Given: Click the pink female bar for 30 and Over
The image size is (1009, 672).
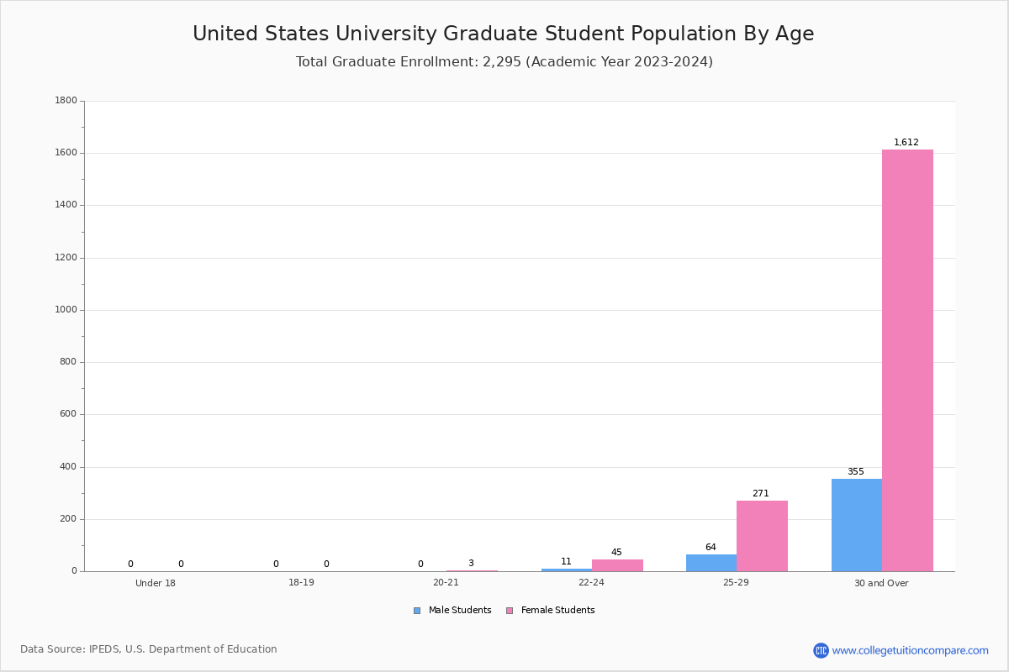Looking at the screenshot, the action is [907, 360].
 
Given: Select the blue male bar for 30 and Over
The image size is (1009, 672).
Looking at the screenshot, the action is [857, 525].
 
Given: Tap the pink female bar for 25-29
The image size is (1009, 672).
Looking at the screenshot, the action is [762, 536].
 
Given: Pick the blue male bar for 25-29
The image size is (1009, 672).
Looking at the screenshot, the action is [711, 563].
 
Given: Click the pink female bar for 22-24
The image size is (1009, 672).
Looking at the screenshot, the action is [617, 565].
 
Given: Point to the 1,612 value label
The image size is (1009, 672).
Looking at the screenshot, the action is [906, 142].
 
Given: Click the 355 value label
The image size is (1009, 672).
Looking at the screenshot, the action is [856, 471].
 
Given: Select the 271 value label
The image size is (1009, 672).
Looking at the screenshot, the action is [761, 493].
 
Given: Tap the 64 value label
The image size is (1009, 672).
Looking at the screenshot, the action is [711, 547].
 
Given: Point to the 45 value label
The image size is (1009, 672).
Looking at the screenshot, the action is [616, 552].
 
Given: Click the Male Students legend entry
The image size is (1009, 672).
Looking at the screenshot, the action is [452, 611].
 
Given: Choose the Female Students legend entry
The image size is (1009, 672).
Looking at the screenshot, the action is [551, 611].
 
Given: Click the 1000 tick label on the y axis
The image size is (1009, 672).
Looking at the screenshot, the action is [66, 310].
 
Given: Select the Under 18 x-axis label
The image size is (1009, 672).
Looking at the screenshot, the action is [156, 583].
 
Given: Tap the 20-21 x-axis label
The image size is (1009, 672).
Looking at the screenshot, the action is [446, 582].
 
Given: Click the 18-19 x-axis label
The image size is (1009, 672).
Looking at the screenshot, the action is [301, 582].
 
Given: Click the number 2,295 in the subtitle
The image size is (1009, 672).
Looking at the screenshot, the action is [502, 61].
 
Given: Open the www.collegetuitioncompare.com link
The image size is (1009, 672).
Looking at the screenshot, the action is [910, 650].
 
